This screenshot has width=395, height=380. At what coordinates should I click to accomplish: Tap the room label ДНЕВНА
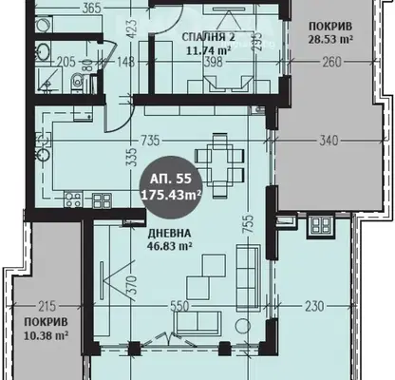169,234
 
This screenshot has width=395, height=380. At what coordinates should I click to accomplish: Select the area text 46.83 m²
170,246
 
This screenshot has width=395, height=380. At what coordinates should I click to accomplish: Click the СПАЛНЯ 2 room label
208,37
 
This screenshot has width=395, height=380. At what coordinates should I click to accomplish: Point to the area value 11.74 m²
208,50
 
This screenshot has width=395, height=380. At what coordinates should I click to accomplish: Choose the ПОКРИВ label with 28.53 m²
330,26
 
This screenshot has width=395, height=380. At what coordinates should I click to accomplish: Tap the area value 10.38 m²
47,335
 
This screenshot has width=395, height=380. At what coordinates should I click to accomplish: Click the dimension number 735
150,141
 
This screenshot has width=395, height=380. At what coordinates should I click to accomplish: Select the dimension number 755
249,224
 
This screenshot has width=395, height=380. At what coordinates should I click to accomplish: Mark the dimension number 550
179,306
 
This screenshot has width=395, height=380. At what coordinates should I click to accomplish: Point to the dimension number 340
329,141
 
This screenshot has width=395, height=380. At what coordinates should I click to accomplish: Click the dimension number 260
331,62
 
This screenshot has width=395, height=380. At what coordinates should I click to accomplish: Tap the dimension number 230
315,306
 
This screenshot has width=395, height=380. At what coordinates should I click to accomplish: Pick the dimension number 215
47,306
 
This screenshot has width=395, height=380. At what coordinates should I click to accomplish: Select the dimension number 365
91,9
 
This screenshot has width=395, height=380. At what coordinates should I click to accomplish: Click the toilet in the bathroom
77,83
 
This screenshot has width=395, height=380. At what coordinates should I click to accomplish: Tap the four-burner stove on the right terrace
321,226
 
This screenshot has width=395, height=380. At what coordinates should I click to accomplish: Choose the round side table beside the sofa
243,325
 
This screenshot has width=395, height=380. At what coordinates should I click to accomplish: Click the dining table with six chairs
220,164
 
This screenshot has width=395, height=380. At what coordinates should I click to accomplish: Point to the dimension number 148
125,62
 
